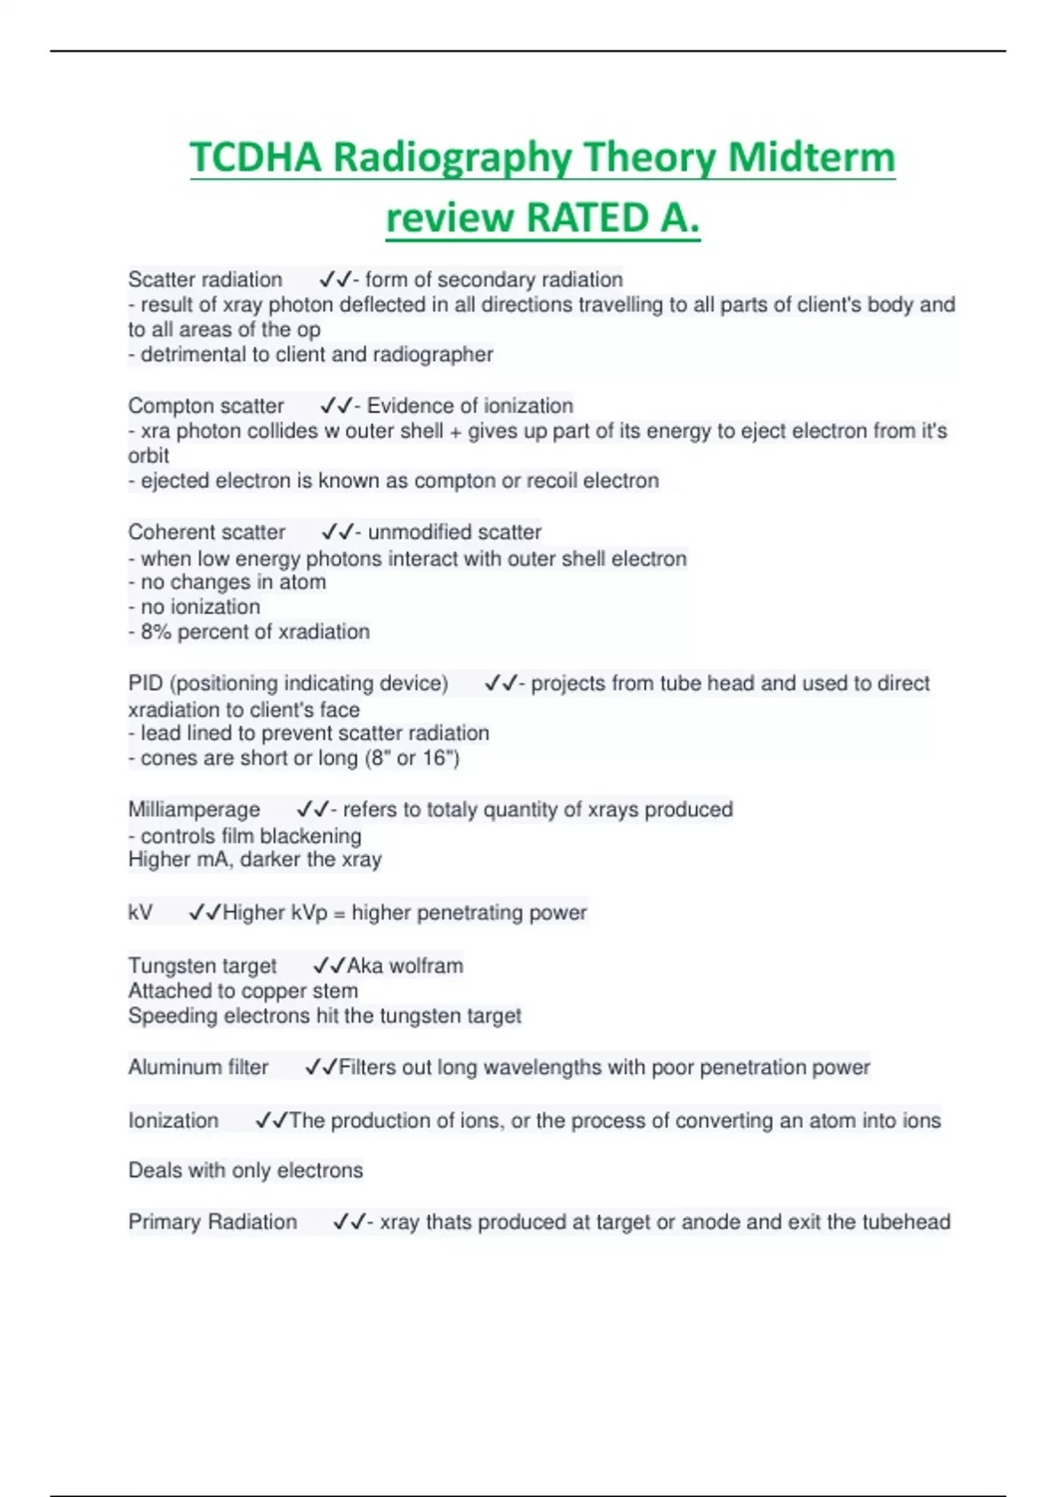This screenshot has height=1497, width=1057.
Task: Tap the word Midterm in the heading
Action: point(811,159)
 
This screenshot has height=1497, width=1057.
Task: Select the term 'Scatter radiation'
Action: point(205,280)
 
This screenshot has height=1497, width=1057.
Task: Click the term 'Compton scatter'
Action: point(206,406)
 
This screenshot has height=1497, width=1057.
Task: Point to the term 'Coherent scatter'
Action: point(207,533)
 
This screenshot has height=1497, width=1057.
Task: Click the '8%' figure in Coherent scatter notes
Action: point(156,632)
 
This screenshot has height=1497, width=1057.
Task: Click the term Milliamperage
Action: point(194,810)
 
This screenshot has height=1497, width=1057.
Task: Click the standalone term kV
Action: point(140,912)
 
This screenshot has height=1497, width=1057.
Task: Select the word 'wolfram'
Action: point(425,966)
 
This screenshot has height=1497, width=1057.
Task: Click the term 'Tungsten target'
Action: point(203,966)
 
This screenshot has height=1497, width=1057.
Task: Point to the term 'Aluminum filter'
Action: point(198,1067)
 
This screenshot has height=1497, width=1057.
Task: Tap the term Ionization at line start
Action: point(174,1120)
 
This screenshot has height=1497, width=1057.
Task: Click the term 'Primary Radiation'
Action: point(212,1222)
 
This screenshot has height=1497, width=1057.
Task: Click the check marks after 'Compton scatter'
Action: point(336,406)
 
